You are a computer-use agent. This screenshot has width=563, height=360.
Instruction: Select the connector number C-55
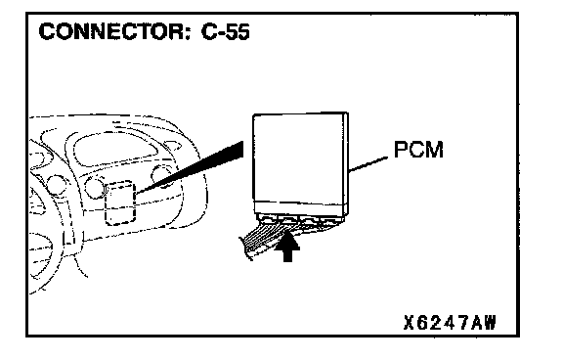[x=226, y=31]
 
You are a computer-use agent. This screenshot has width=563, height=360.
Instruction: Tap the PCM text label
[x=418, y=150]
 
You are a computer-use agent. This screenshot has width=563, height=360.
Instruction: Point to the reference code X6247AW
[x=450, y=322]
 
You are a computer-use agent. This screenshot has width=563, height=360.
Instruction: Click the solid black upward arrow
[x=287, y=247]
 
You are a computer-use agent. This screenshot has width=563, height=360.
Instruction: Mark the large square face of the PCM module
[x=298, y=158]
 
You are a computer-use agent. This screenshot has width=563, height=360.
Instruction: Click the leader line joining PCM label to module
[x=368, y=163]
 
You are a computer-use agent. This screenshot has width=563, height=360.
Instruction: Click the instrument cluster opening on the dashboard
[x=116, y=148]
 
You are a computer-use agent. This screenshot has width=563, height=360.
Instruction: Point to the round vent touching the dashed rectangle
[x=95, y=188]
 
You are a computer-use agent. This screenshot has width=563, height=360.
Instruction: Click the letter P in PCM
[x=401, y=150]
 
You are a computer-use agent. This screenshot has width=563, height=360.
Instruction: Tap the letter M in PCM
[x=435, y=150]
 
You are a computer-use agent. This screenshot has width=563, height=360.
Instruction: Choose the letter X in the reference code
[x=410, y=322]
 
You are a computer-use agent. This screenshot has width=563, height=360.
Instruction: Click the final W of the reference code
[x=489, y=322]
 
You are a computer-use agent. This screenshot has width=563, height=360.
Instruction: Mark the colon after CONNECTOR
[x=189, y=33]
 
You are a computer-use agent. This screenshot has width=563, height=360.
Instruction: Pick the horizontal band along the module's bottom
[x=299, y=208]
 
